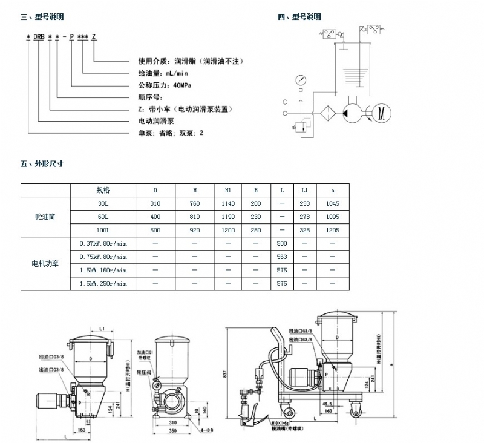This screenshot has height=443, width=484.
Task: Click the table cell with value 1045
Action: pyautogui.click(x=333, y=203)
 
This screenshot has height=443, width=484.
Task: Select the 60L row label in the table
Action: pyautogui.click(x=103, y=216)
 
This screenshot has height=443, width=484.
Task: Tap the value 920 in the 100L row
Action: pyautogui.click(x=194, y=230)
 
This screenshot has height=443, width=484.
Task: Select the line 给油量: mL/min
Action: pyautogui.click(x=158, y=73)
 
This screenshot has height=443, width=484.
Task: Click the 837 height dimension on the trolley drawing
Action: pyautogui.click(x=224, y=375)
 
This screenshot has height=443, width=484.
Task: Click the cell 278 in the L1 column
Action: pyautogui.click(x=305, y=216)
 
